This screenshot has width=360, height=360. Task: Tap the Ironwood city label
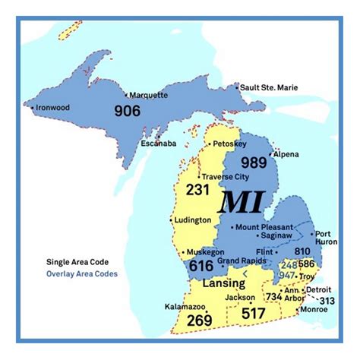52,108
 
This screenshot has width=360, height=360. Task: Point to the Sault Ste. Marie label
270,88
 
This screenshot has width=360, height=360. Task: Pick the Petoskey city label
229,144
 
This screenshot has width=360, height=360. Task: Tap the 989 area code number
254,162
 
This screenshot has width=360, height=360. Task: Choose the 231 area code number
197,190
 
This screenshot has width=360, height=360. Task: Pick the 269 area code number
200,321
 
